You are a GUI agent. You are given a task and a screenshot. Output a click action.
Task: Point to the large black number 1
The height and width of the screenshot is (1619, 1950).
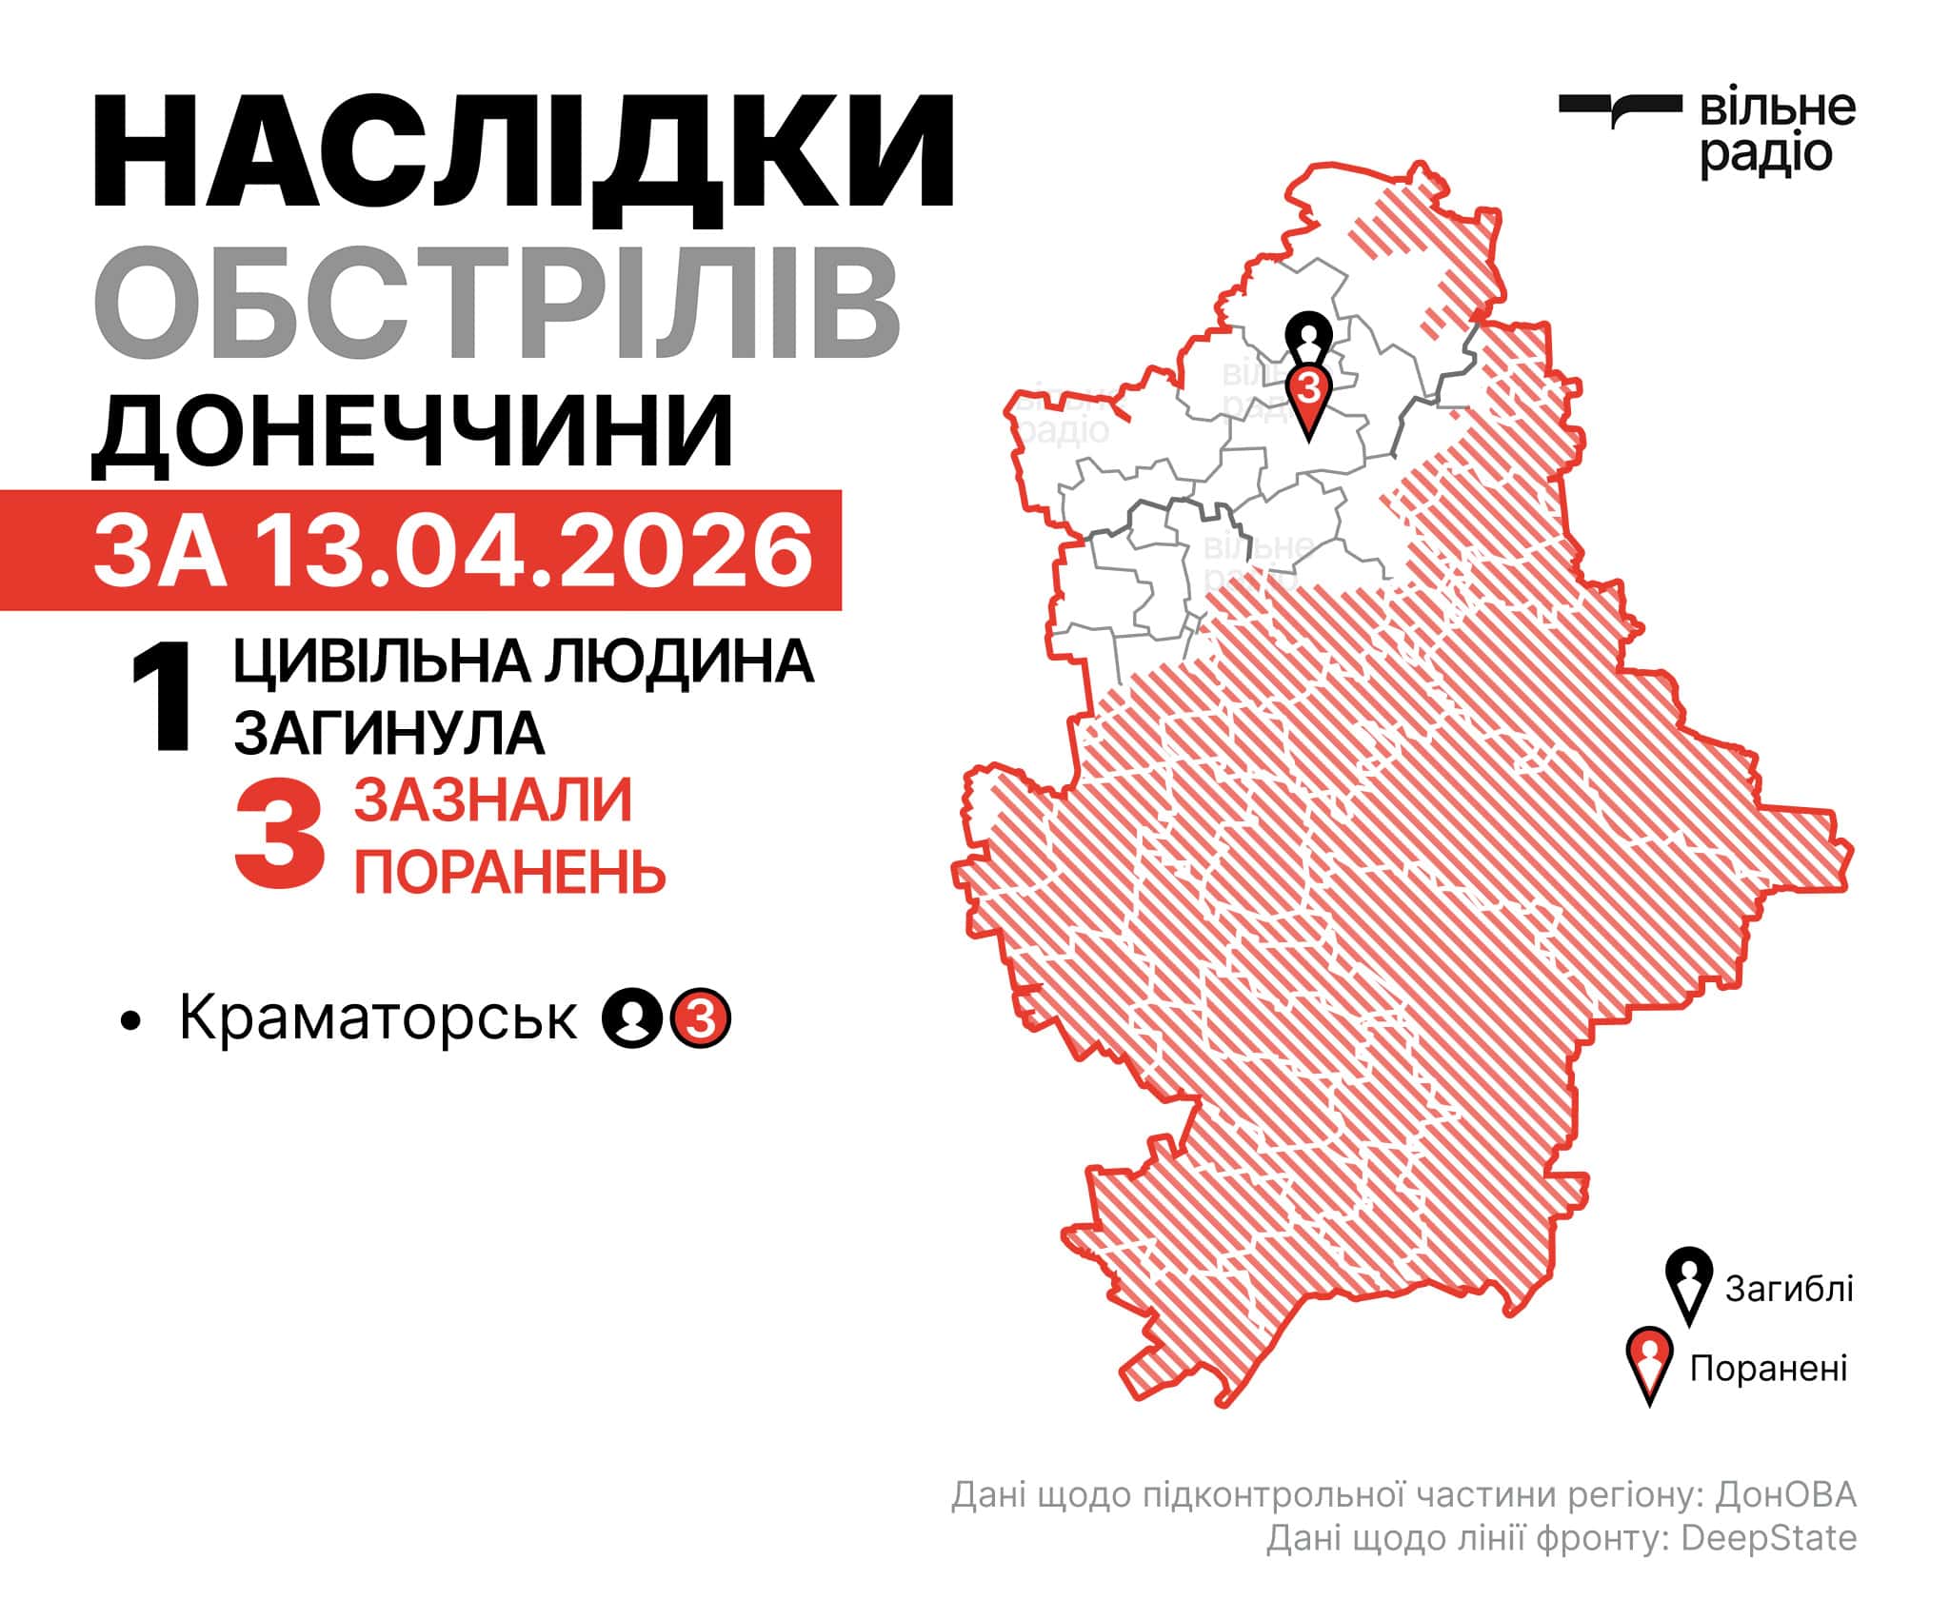161,700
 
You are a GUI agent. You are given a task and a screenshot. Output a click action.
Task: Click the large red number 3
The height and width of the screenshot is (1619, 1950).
280,835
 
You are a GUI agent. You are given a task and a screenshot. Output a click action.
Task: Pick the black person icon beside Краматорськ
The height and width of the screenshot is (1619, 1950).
631,1019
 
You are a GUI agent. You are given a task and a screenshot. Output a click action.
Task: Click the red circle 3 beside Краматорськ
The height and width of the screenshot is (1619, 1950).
701,1019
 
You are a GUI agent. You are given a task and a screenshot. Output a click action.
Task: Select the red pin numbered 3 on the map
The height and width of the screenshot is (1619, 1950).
1309,395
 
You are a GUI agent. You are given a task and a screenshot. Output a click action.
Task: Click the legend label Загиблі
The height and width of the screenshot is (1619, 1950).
1789,1288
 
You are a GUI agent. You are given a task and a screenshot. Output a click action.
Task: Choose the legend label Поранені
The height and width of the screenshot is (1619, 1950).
1768,1368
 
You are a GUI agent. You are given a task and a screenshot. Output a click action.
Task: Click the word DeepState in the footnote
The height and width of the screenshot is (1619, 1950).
1768,1565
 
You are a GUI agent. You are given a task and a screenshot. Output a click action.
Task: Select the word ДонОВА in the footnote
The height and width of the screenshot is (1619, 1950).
1785,1521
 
